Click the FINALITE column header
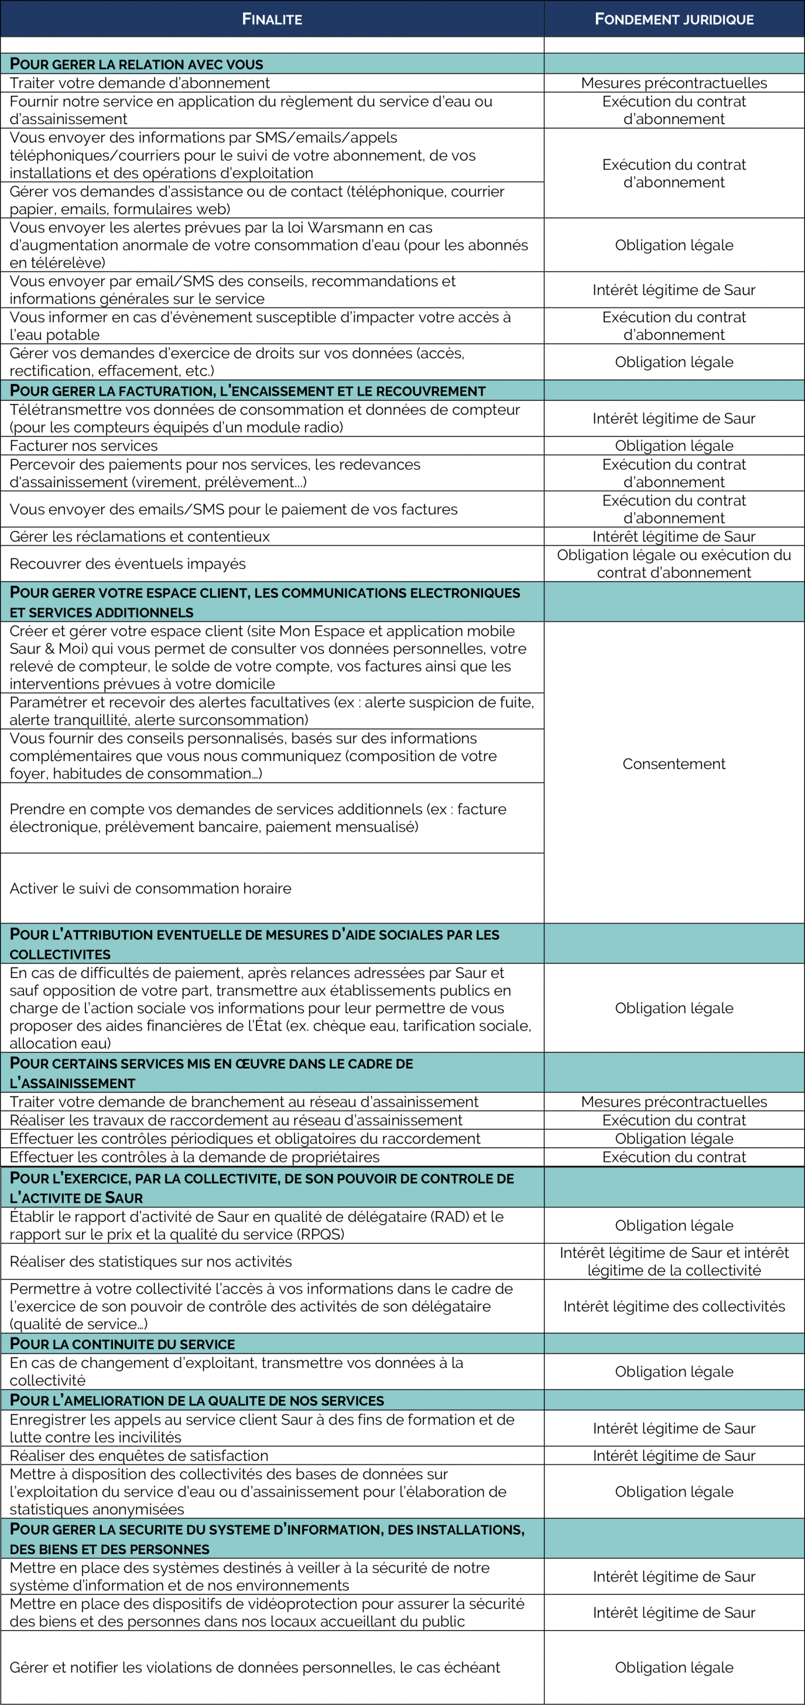272,19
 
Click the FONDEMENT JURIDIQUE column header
674,19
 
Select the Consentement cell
674,764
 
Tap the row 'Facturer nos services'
84,445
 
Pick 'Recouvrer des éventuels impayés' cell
128,564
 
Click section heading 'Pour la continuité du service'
122,1343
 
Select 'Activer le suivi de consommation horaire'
150,888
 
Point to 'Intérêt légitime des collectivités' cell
674,1306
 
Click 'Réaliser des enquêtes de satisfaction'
139,1455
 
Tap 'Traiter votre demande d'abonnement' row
140,83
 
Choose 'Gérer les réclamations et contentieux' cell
140,536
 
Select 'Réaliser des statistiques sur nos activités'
151,1261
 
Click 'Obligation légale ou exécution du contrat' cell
674,564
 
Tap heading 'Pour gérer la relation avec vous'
136,64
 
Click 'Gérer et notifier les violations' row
255,1667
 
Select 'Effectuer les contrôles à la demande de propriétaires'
195,1157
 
